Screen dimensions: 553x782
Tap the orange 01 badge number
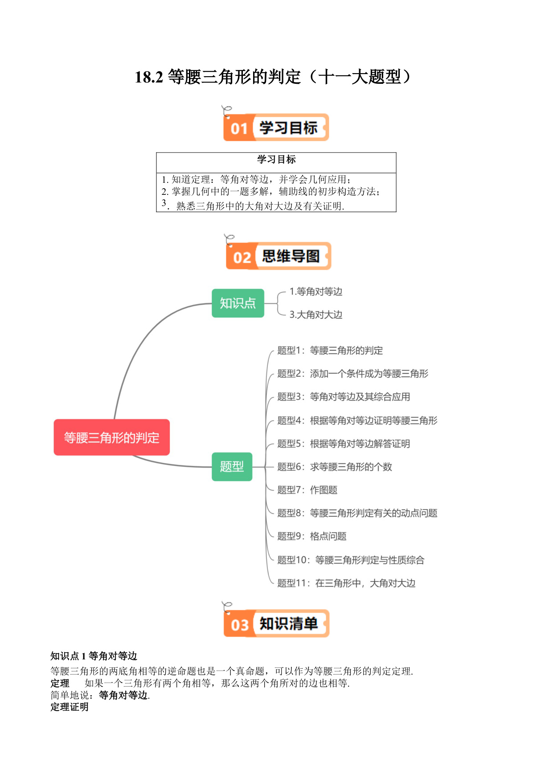(239, 128)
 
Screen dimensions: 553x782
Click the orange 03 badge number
(239, 625)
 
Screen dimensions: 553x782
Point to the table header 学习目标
(276, 160)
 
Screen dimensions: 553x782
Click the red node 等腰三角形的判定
(111, 437)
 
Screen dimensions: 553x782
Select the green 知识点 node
(238, 303)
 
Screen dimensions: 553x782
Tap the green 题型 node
(232, 466)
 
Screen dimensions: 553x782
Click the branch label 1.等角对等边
(316, 292)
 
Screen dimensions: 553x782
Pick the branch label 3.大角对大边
(316, 315)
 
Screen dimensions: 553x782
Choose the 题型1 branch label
(330, 350)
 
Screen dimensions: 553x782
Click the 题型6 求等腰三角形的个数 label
(335, 467)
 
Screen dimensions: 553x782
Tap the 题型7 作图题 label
(307, 490)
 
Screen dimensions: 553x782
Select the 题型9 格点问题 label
(312, 536)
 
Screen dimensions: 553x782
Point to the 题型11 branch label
(346, 583)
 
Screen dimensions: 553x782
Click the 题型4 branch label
(357, 420)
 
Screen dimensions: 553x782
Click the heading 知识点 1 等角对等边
(94, 656)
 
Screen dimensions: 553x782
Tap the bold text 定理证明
(70, 707)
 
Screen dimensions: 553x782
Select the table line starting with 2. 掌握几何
(271, 192)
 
